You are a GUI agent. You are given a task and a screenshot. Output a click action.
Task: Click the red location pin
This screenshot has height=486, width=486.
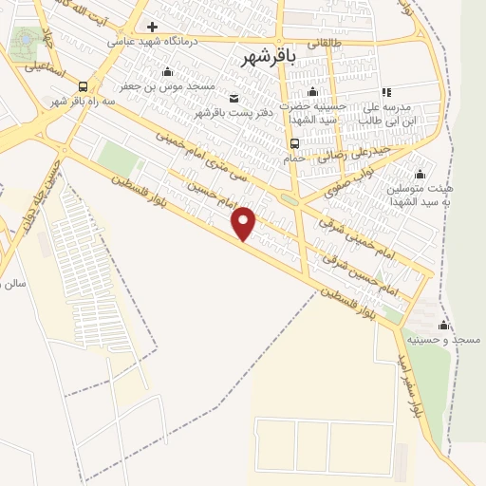click(x=245, y=222)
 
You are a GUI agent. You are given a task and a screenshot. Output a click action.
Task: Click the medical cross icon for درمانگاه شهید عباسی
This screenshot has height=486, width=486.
click(x=152, y=27)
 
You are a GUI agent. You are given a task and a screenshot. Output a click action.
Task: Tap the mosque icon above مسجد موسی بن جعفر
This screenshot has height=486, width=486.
click(x=168, y=72)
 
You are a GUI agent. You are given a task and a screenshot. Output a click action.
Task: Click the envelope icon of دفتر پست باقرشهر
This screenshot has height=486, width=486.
click(x=234, y=99)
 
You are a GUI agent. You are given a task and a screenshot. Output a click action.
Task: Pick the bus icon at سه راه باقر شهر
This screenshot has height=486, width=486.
click(x=84, y=86)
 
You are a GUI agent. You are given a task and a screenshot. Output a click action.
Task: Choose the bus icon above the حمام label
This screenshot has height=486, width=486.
click(x=294, y=144)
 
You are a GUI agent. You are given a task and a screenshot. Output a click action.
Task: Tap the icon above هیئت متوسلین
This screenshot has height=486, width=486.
click(x=420, y=175)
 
